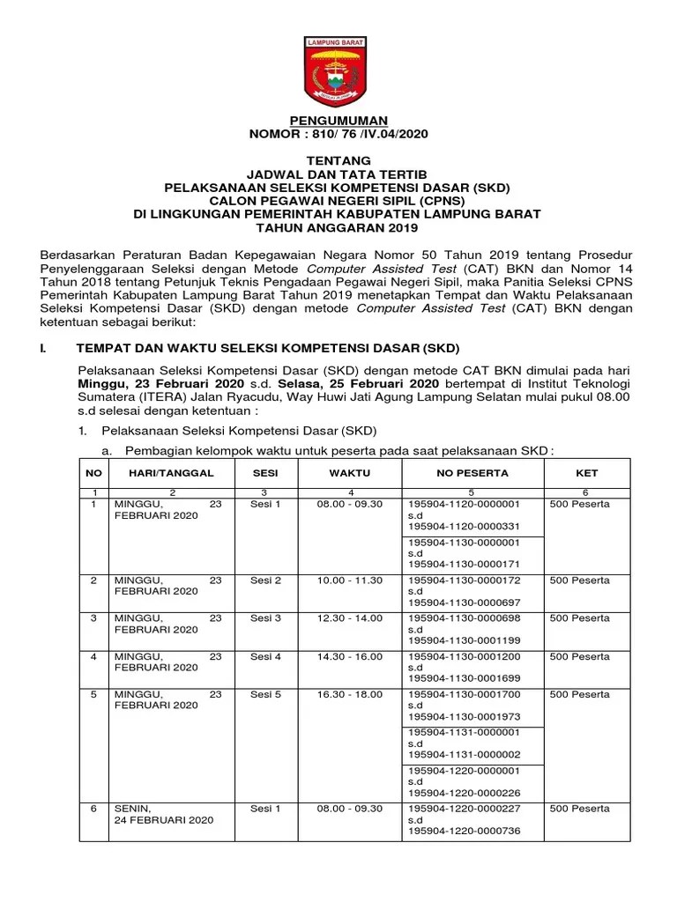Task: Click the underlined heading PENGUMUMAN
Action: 339,120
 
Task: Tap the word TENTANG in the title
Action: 339,161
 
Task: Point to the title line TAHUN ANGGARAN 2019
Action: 339,227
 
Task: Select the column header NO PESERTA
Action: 472,473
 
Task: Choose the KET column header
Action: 586,473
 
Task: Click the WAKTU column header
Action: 350,473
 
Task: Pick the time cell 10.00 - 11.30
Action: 350,581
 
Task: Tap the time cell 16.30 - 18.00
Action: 350,695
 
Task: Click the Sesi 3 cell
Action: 265,619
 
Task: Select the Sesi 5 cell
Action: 265,695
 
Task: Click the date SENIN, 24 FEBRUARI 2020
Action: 164,815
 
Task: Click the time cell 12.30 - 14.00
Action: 350,619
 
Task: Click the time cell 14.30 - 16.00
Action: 350,657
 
